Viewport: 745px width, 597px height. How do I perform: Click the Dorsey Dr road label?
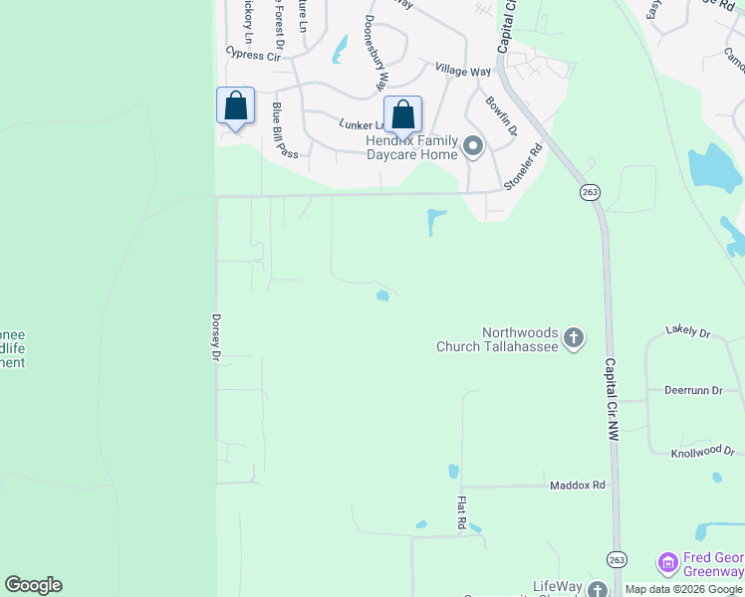coord(214,337)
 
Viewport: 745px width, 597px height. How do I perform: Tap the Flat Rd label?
coord(462,511)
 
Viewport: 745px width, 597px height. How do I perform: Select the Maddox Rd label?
coord(578,486)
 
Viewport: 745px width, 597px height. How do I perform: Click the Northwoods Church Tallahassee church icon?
coord(574,339)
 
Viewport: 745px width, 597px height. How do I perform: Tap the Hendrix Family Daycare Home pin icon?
coord(473,148)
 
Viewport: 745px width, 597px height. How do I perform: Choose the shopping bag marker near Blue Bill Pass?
coord(236,105)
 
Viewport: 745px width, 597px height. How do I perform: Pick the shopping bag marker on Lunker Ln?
coord(403,114)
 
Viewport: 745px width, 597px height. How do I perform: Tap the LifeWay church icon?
coord(598,590)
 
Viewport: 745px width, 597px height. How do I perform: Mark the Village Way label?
coord(463,72)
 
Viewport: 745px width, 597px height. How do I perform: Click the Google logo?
coord(33,585)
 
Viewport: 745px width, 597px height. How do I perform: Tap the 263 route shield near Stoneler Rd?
coord(590,191)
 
